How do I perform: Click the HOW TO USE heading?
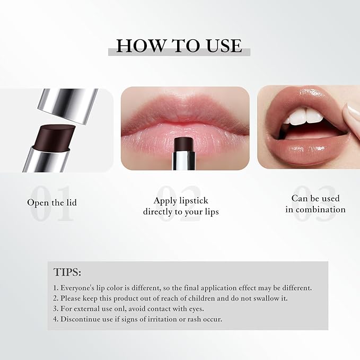(x=179, y=46)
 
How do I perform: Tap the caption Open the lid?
(x=52, y=203)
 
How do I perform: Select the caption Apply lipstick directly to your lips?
(x=181, y=206)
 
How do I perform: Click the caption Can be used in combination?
(x=315, y=204)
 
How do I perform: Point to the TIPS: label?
(x=67, y=273)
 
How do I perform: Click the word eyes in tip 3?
(x=195, y=309)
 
